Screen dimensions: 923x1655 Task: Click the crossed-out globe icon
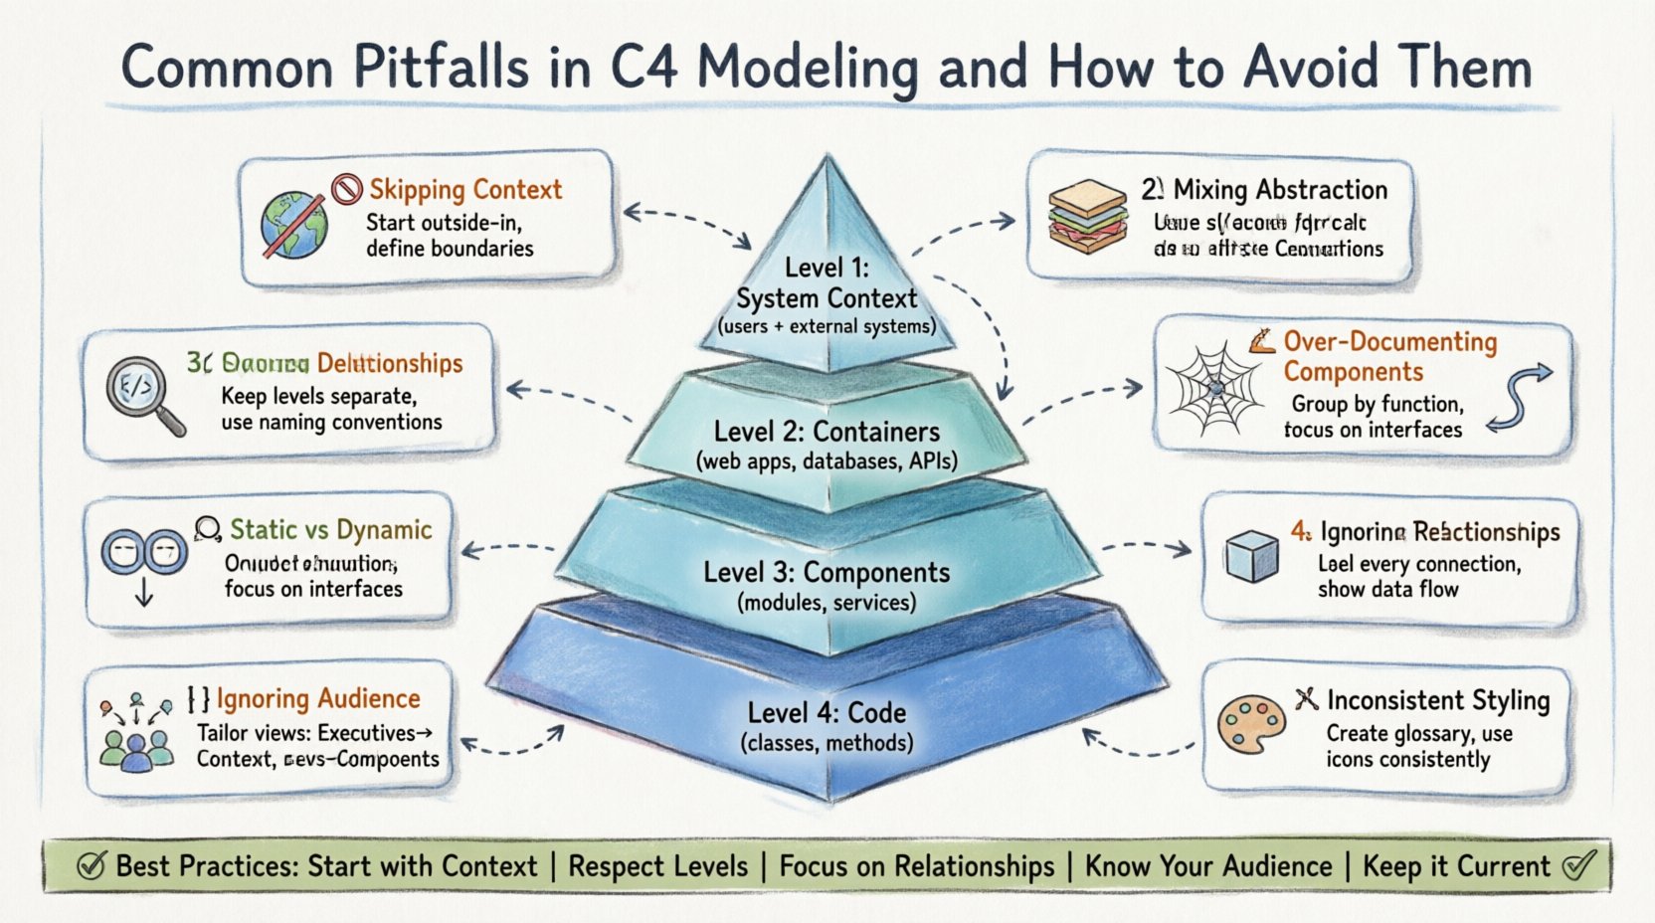tap(294, 226)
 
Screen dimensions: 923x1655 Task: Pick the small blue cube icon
tap(1252, 555)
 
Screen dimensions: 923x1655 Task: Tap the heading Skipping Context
tap(465, 189)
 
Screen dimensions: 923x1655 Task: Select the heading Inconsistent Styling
tap(1437, 700)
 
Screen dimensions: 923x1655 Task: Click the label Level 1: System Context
tap(827, 283)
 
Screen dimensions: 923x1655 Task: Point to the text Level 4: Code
tap(827, 713)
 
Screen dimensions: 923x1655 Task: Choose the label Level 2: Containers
tap(827, 432)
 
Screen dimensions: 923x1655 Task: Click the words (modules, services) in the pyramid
tap(827, 603)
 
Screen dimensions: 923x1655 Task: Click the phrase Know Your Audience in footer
tap(1207, 866)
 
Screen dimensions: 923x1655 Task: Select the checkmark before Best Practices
tap(91, 866)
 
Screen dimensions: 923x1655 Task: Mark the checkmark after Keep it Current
tap(1577, 864)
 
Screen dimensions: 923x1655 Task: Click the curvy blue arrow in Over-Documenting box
tap(1520, 398)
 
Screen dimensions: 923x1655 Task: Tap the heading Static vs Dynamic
tap(330, 529)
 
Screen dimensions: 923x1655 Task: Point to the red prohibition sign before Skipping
tap(347, 188)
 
